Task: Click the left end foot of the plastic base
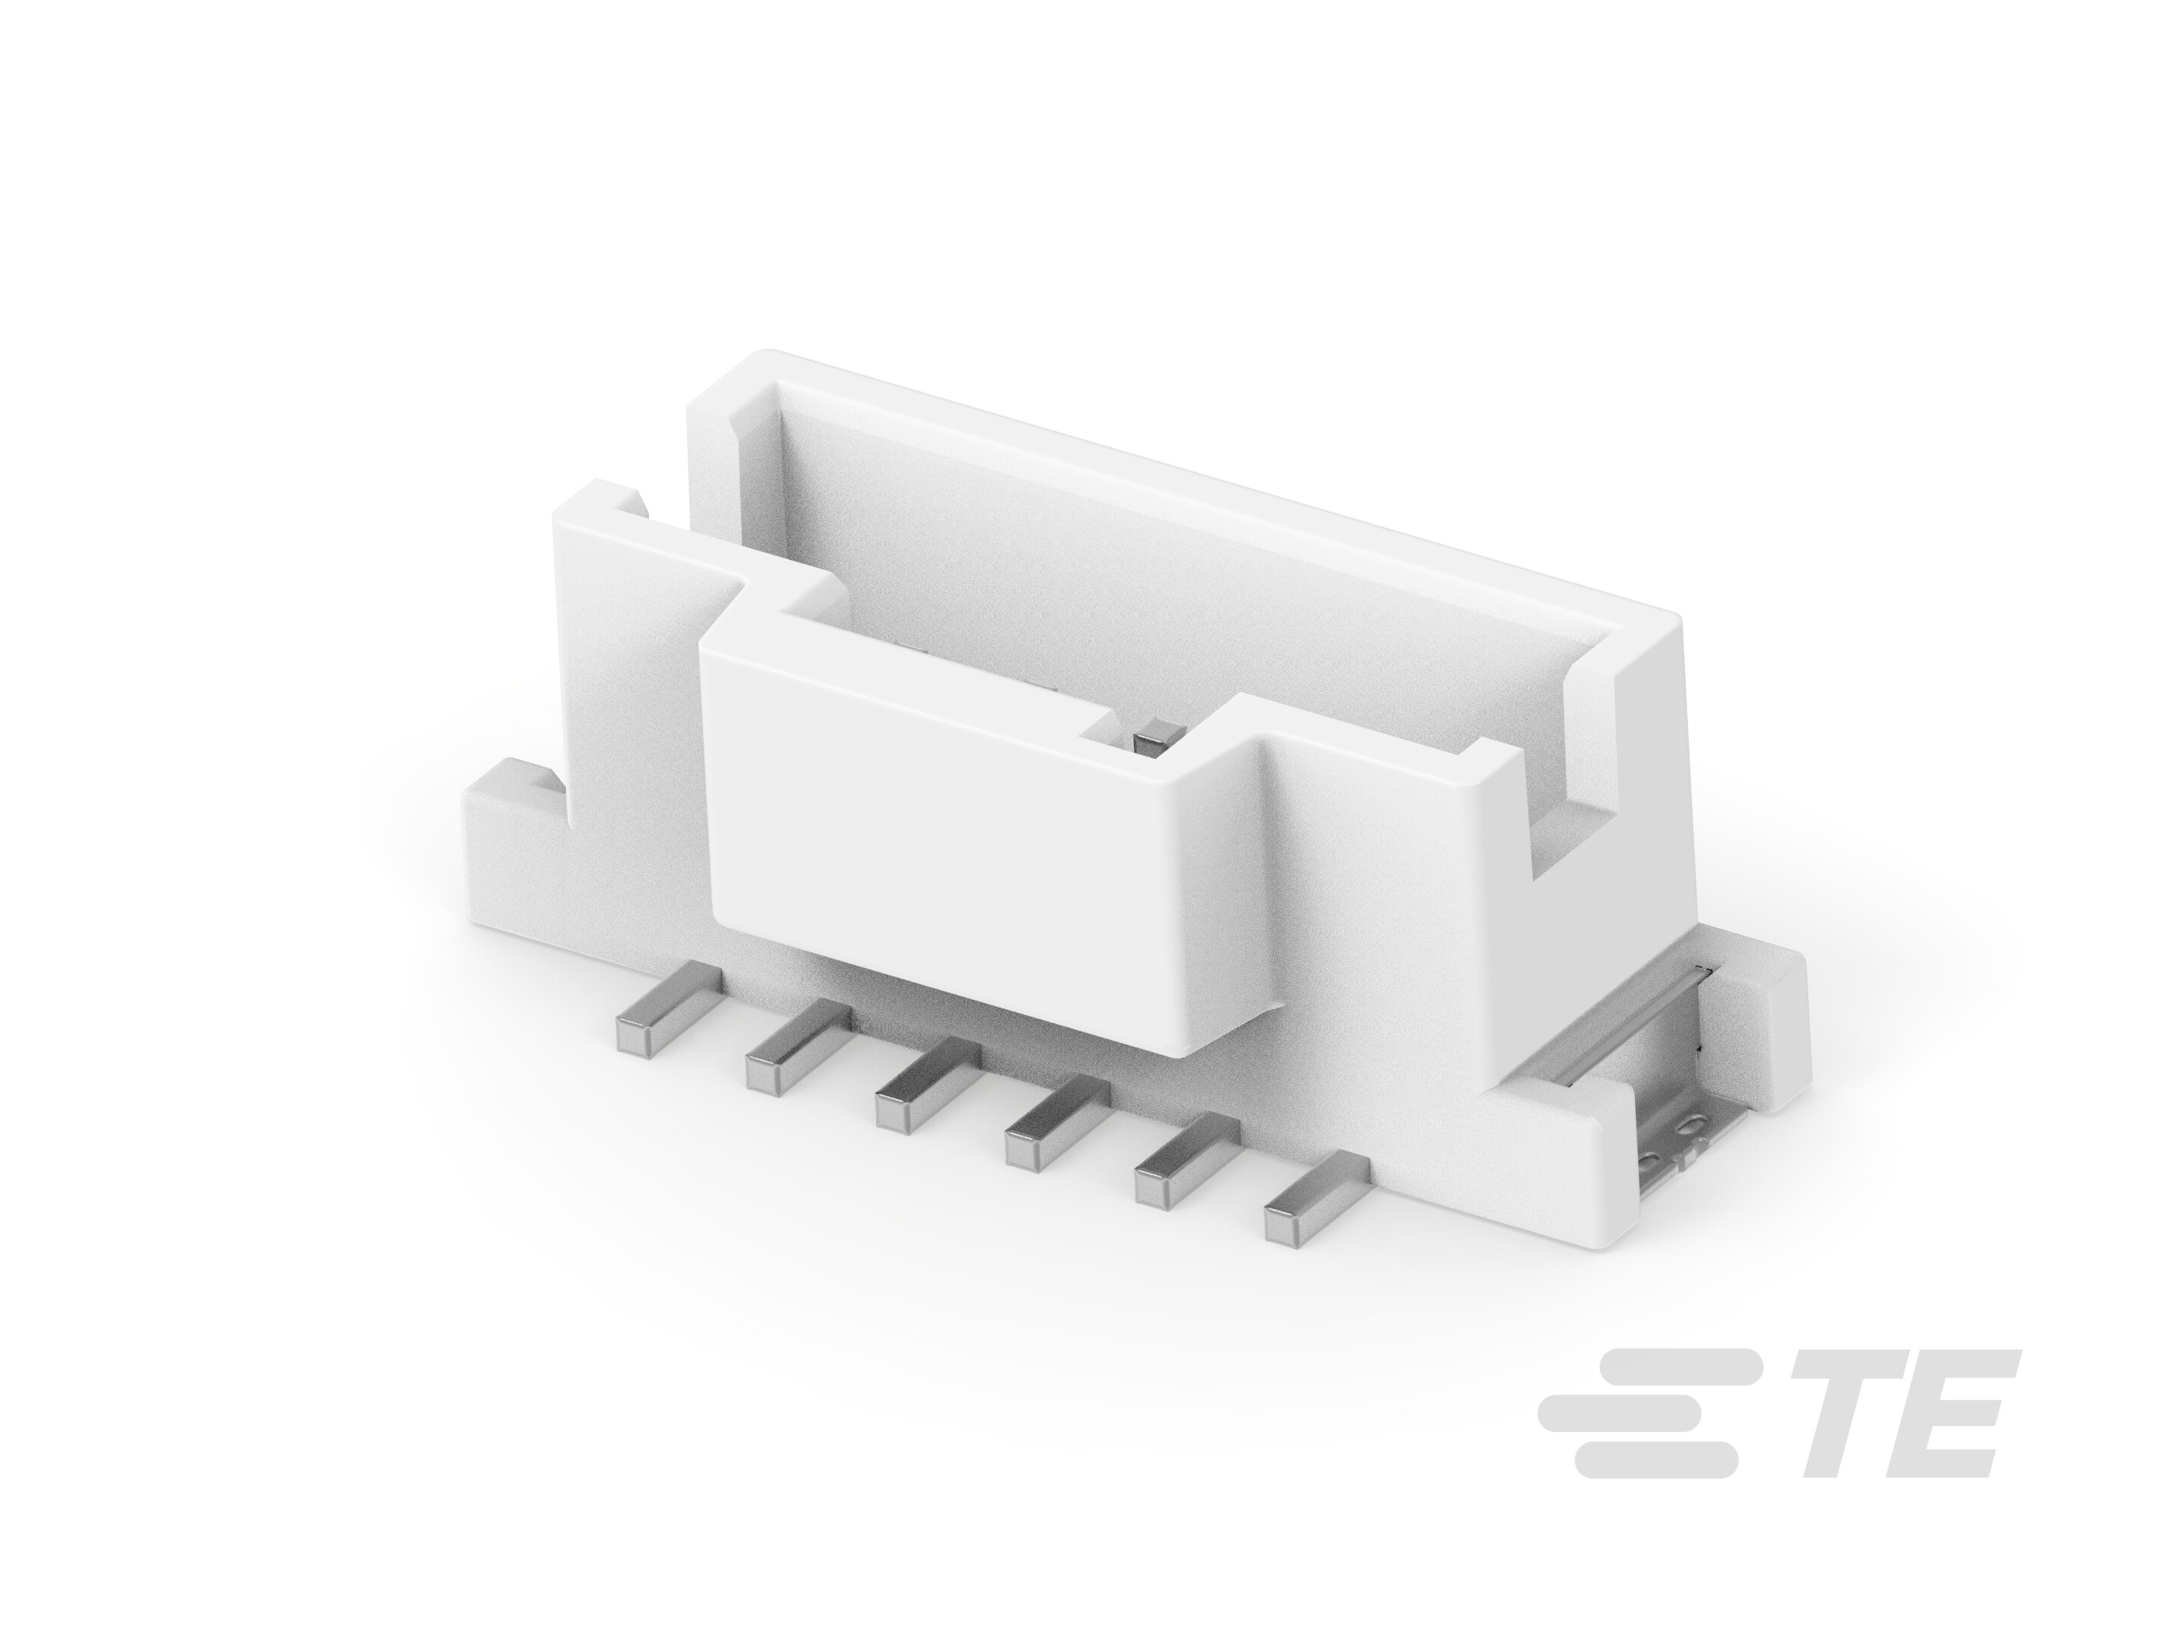pyautogui.click(x=512, y=848)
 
